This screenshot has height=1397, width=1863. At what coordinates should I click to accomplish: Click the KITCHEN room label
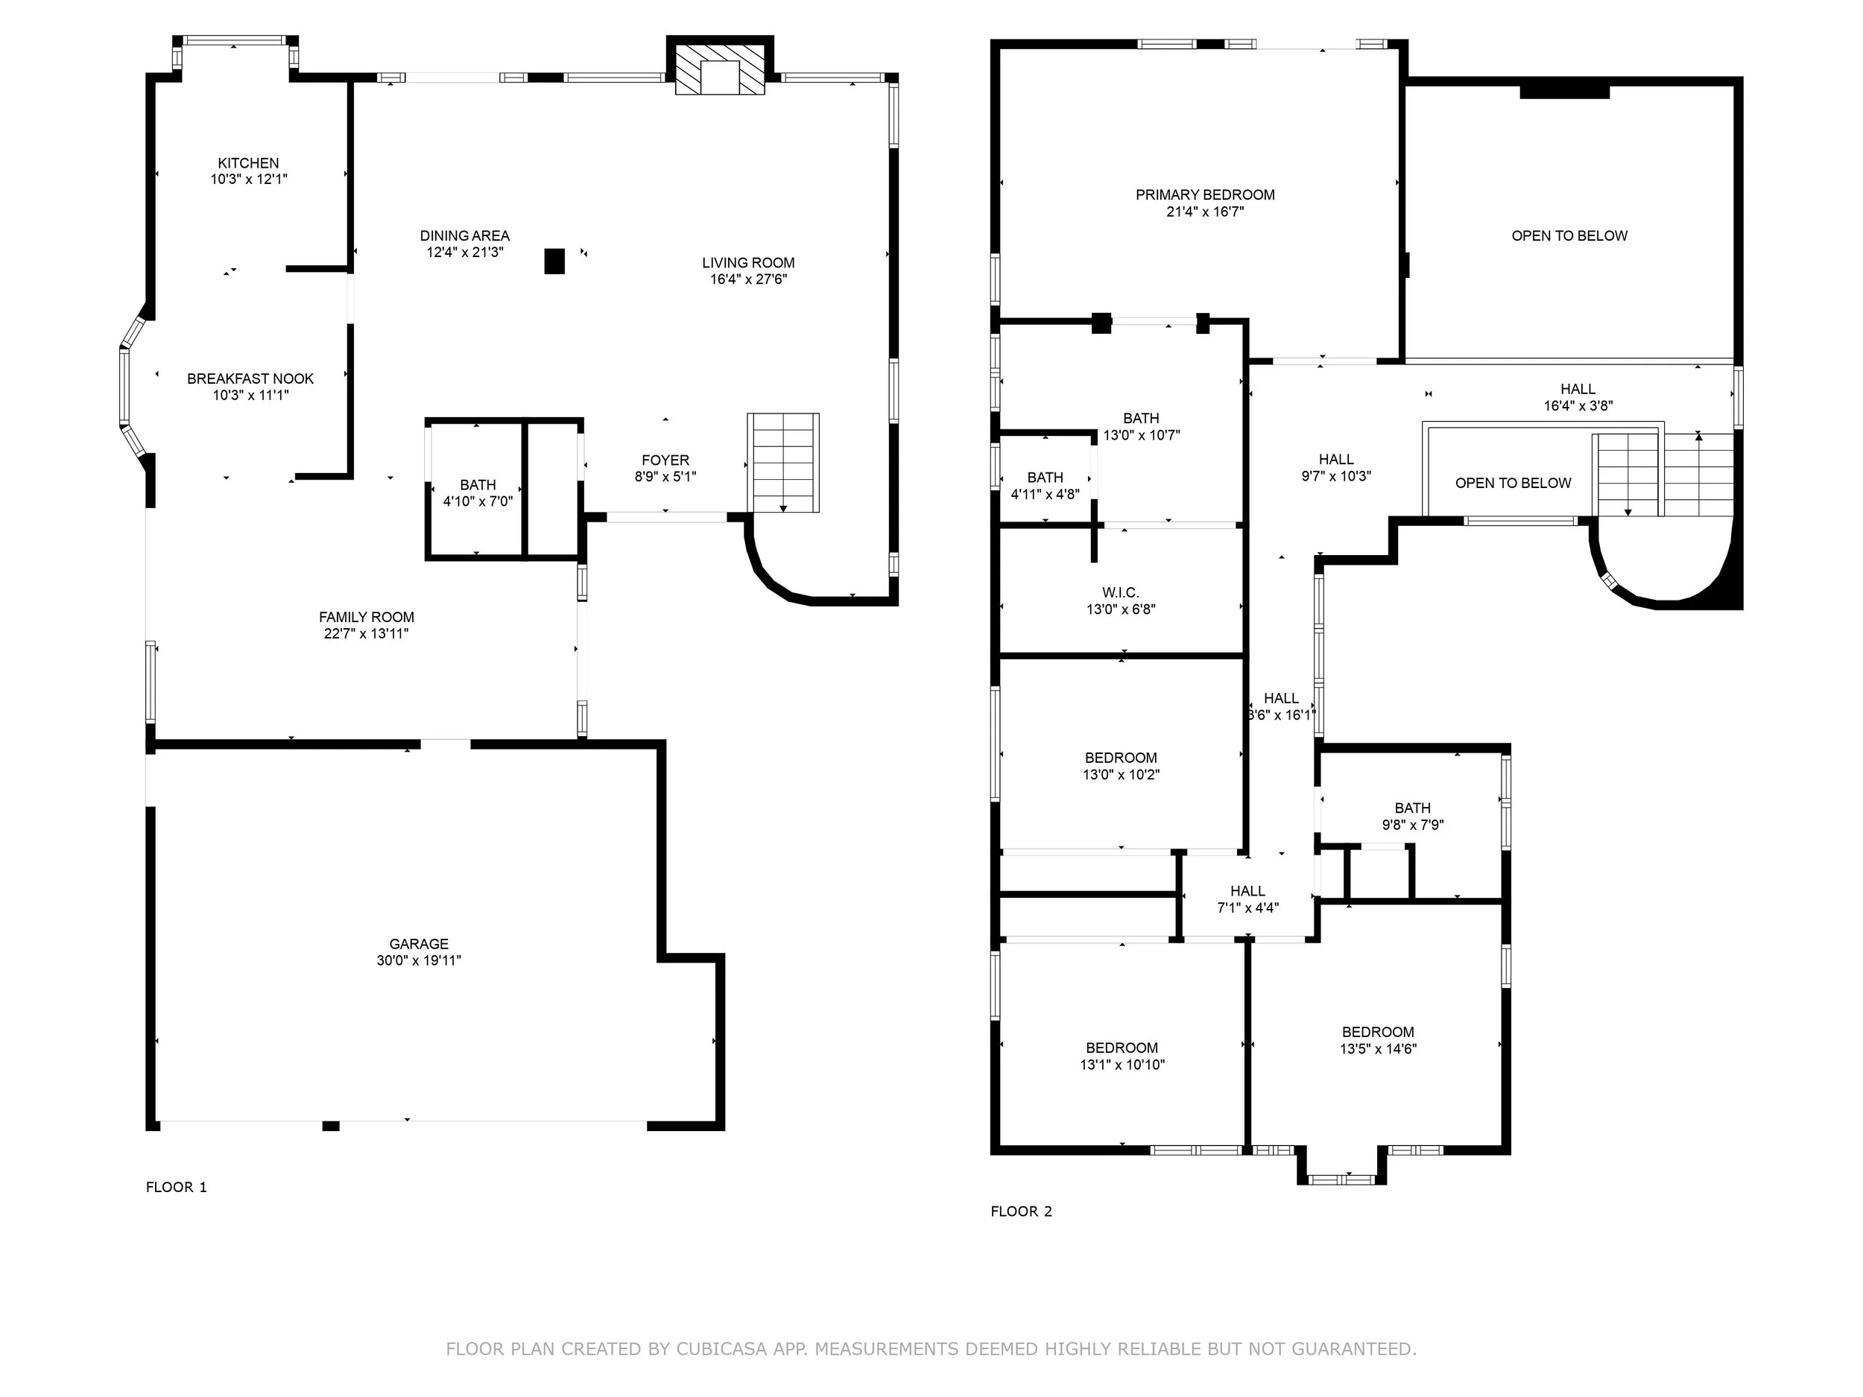point(248,163)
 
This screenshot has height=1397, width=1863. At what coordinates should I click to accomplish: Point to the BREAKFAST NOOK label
point(250,379)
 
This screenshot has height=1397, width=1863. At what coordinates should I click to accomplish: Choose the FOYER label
point(665,460)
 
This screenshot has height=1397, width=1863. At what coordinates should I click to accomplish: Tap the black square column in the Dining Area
point(554,261)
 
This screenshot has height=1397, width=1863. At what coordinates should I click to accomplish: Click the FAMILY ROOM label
point(367,617)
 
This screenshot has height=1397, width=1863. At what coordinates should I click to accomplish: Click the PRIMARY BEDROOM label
point(1205,195)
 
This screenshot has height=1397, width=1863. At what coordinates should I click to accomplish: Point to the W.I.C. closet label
point(1120,593)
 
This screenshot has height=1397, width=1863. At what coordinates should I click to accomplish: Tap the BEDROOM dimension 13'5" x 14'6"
point(1379,1049)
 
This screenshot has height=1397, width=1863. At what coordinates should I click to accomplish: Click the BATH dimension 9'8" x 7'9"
point(1413,826)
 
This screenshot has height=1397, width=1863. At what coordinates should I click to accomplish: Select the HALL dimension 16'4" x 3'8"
point(1578,406)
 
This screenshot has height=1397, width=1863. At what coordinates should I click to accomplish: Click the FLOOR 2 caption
point(1022,1211)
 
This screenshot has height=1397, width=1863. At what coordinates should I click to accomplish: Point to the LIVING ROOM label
point(749,263)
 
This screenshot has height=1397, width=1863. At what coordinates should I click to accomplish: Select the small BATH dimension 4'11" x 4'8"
point(1046,494)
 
